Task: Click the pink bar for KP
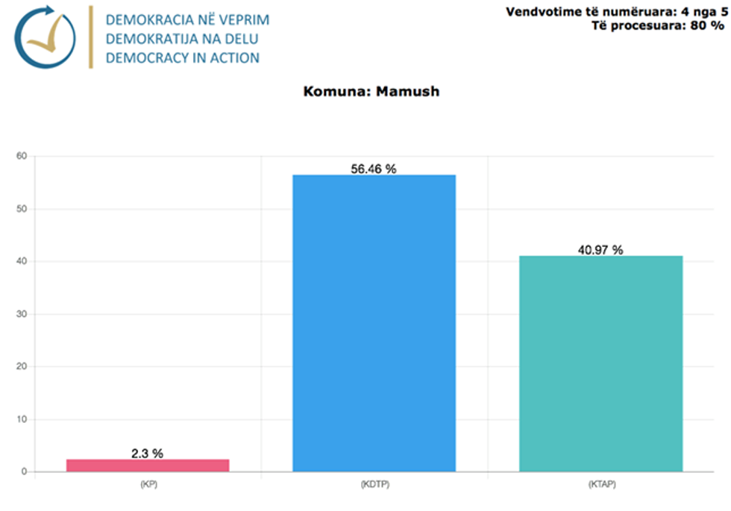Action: click(148, 465)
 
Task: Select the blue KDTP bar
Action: click(374, 323)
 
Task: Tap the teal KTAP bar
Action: click(600, 363)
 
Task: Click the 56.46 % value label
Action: click(374, 169)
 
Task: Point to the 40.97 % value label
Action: click(600, 250)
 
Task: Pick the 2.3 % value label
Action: click(147, 453)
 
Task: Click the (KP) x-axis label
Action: click(148, 484)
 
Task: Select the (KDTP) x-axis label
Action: click(374, 484)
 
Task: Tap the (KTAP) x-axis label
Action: click(600, 484)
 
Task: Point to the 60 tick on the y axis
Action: click(22, 156)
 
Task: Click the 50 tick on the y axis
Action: click(22, 209)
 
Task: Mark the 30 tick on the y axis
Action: click(22, 314)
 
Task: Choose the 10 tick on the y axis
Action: click(22, 419)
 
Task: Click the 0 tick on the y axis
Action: click(24, 471)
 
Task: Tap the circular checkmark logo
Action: click(46, 37)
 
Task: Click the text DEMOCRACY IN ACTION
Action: click(183, 57)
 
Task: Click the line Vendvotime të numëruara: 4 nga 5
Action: click(616, 11)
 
